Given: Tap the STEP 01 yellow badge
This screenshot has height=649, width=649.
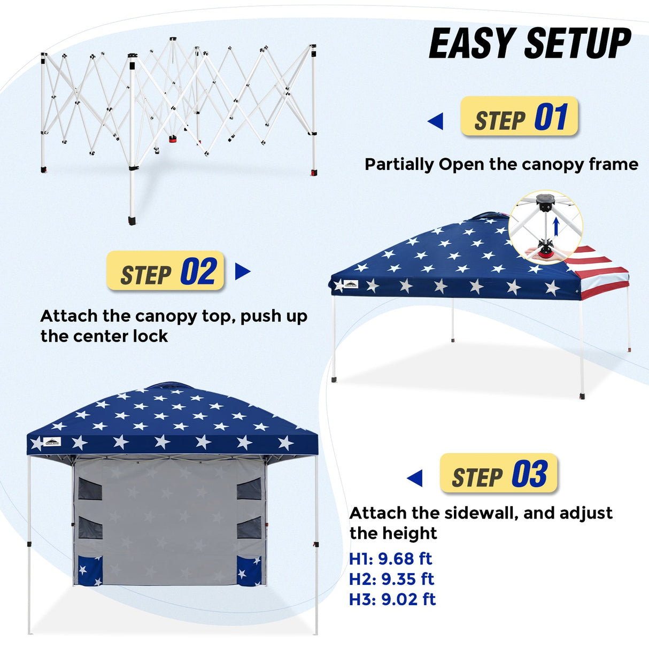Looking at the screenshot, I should pos(519,117).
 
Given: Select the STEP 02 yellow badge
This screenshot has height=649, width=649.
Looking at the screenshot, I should pos(165,271).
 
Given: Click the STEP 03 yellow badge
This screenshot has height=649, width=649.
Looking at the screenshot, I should pos(498,474).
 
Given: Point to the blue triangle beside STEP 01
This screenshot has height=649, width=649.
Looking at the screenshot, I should pos(436,121).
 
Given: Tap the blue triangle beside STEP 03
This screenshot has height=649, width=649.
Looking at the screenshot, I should pos(415,478).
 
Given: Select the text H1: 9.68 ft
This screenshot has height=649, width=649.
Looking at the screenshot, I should pos(390,559).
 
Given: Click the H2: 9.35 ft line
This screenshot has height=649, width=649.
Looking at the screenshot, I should pos(391,579).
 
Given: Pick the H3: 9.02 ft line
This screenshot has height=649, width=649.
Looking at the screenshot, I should pos(392,599).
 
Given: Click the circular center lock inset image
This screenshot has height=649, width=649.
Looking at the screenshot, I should pos(545,227).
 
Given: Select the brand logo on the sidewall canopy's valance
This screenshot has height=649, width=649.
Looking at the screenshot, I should pos(52,442).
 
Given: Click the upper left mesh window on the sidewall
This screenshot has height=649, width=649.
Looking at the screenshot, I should pos(90,489).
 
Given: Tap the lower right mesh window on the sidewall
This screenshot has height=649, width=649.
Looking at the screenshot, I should pos(249,528).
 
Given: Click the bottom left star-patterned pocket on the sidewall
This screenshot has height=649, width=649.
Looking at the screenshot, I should pos(89,571).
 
